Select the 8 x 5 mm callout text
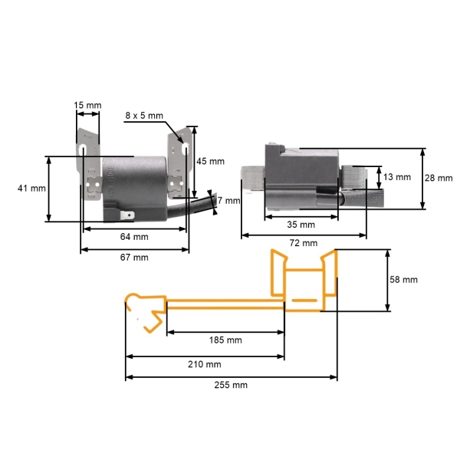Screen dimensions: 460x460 click(144, 115)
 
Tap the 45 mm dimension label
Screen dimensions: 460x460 click(211, 161)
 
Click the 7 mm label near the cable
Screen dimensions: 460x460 click(228, 201)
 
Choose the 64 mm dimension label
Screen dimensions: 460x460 click(134, 237)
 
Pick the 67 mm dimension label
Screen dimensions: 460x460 click(134, 257)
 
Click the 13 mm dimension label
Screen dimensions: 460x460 click(396, 177)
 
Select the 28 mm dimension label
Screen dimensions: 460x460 click(439, 178)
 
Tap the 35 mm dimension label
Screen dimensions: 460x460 click(301, 225)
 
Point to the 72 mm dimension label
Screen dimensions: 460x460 click(304, 243)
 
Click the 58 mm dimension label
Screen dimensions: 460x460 click(403, 280)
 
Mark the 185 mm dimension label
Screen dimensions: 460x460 click(225, 340)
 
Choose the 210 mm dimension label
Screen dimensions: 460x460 click(205, 364)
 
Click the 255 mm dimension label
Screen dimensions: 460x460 click(231, 385)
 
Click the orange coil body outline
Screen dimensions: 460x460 click(304, 284)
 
